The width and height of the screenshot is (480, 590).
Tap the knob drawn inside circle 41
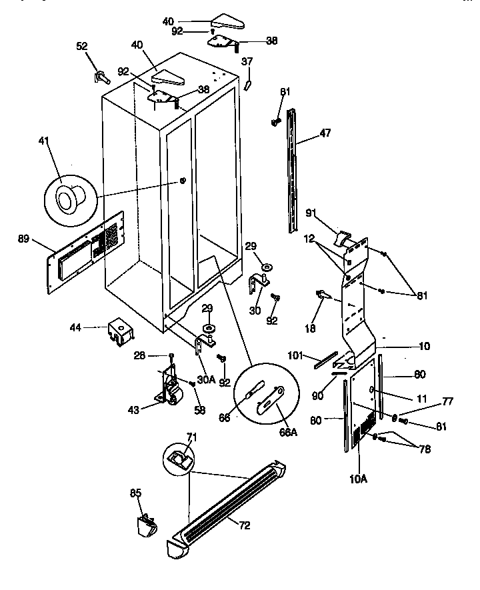click(67, 198)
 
